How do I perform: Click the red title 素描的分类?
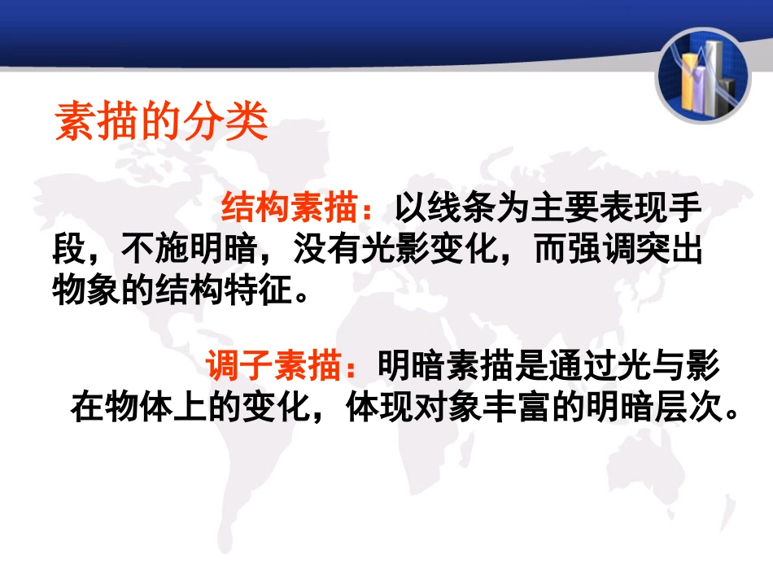[161, 123]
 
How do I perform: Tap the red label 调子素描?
[273, 367]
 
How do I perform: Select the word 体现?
[380, 406]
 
